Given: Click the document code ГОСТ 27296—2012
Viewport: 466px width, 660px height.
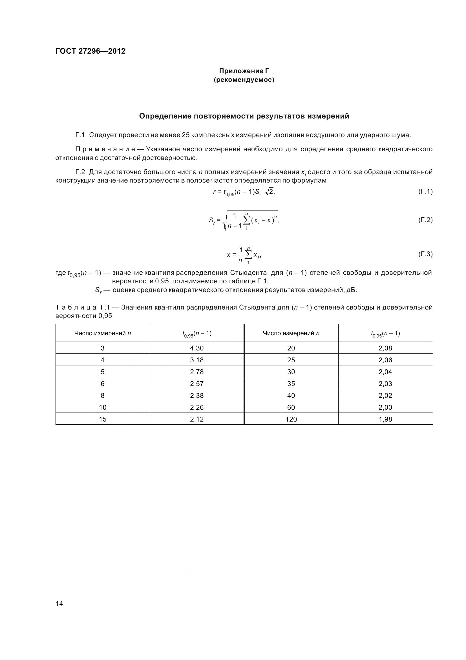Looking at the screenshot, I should (90, 51).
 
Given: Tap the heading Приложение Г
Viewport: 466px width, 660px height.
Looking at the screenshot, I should (244, 71).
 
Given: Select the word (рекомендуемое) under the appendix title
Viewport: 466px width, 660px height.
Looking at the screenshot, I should (244, 80).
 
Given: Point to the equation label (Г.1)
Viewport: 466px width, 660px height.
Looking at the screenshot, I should (425, 191).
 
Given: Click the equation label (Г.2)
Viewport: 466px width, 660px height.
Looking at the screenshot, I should (425, 220).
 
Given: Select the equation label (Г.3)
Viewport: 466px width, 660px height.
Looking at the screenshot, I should (425, 254).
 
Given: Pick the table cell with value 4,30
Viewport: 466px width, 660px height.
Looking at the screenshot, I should (197, 348).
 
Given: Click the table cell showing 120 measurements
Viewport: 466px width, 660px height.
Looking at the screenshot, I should (291, 419).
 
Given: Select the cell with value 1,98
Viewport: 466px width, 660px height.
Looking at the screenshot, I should (385, 419).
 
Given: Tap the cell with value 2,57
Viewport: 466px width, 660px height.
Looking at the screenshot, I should (197, 383).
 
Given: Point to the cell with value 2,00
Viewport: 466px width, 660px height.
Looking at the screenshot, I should (385, 407).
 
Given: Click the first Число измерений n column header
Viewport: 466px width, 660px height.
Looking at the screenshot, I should (103, 333).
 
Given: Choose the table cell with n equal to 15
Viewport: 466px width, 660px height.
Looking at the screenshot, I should (103, 419).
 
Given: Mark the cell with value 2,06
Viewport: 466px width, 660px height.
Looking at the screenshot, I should (385, 360).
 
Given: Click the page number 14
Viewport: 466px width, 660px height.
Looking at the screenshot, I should (59, 603).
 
